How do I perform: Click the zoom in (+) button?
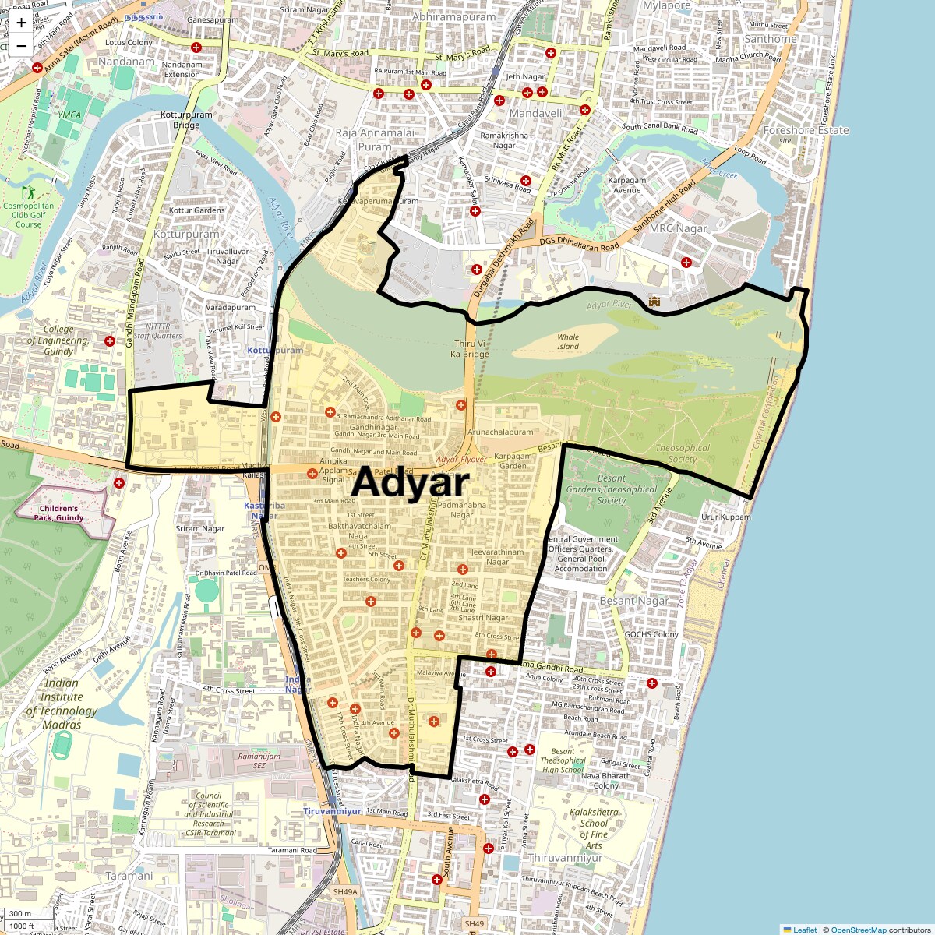pyautogui.click(x=21, y=23)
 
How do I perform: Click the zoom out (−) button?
pyautogui.click(x=21, y=46)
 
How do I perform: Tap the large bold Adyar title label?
pyautogui.click(x=410, y=483)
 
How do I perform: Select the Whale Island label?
pyautogui.click(x=568, y=342)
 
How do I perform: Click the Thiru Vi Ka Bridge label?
pyautogui.click(x=471, y=348)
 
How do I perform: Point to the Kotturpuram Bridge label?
pyautogui.click(x=186, y=120)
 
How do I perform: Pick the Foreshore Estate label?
pyautogui.click(x=806, y=130)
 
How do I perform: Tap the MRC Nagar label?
pyautogui.click(x=679, y=228)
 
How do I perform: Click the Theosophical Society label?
pyautogui.click(x=683, y=453)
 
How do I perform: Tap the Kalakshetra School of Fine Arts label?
pyautogui.click(x=594, y=828)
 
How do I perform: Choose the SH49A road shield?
pyautogui.click(x=344, y=891)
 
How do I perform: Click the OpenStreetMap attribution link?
pyautogui.click(x=858, y=930)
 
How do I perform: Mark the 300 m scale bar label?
pyautogui.click(x=21, y=914)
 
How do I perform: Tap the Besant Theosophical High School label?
pyautogui.click(x=563, y=760)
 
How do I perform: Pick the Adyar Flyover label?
pyautogui.click(x=462, y=460)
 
